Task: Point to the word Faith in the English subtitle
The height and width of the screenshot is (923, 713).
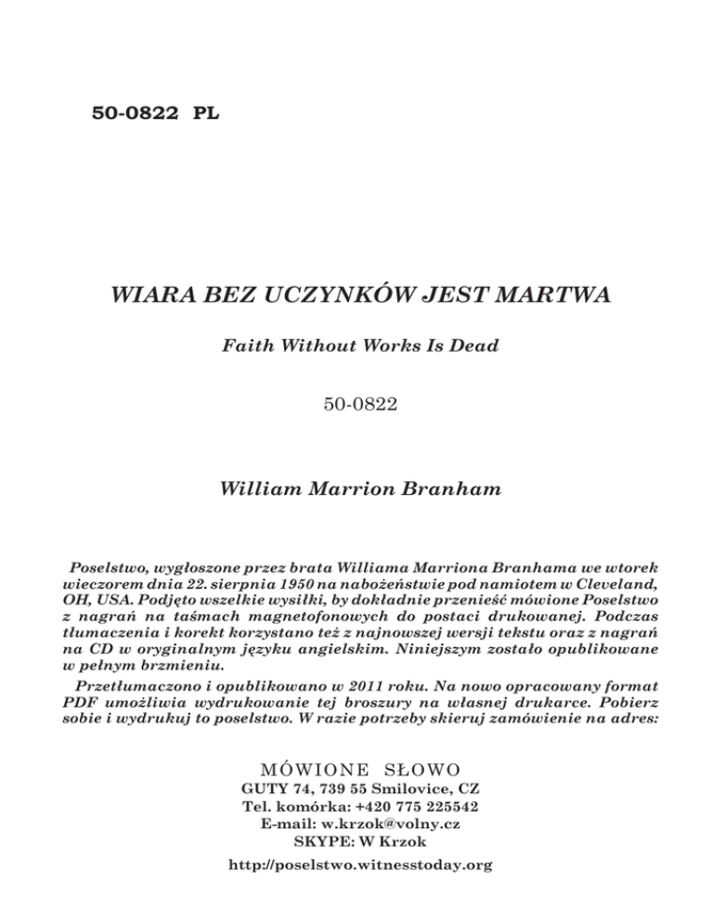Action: pyautogui.click(x=247, y=346)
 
